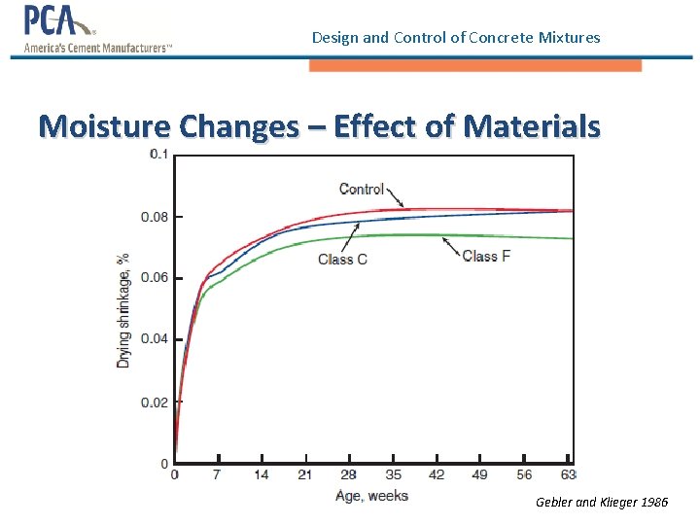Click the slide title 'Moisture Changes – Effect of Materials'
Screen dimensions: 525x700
click(319, 126)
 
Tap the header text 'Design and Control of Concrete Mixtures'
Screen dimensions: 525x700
click(456, 38)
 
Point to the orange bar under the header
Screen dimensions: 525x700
click(474, 65)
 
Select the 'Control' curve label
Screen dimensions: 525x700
click(362, 189)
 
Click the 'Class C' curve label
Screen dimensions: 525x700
click(342, 259)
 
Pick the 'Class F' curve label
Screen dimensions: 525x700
click(486, 256)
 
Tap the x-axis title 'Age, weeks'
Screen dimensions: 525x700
click(371, 496)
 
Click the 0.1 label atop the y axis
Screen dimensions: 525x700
click(157, 155)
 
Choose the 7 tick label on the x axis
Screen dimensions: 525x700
click(218, 475)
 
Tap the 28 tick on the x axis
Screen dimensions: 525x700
click(348, 475)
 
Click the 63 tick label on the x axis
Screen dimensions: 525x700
click(568, 475)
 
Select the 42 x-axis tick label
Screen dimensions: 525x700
click(437, 475)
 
